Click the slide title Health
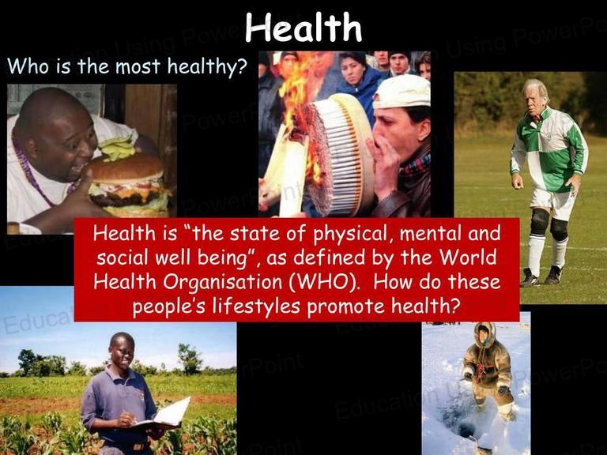point(303,27)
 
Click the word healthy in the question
point(207,66)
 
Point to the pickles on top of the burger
point(116,149)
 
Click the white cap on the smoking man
point(402,92)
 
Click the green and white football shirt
point(549,150)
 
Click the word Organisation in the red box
point(222,283)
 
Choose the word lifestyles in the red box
point(256,306)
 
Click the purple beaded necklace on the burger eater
point(39,174)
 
